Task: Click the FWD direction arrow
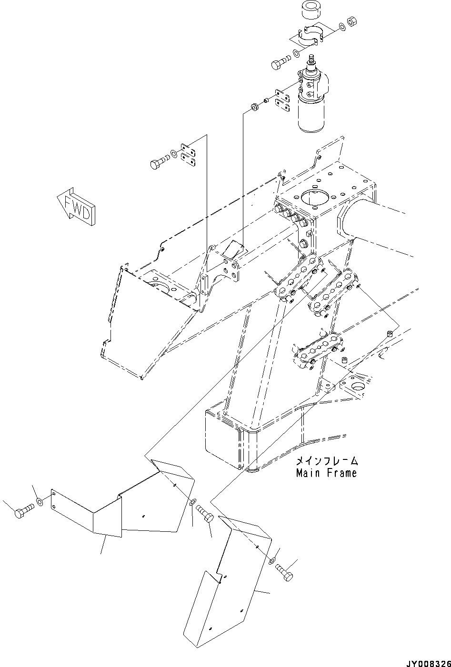pyautogui.click(x=76, y=204)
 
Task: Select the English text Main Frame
pyautogui.click(x=326, y=473)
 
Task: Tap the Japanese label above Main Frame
pyautogui.click(x=326, y=461)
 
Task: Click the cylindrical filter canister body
pyautogui.click(x=312, y=113)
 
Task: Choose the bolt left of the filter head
pyautogui.click(x=281, y=63)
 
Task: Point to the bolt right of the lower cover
pyautogui.click(x=285, y=571)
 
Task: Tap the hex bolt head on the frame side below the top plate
pyautogui.click(x=303, y=245)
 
